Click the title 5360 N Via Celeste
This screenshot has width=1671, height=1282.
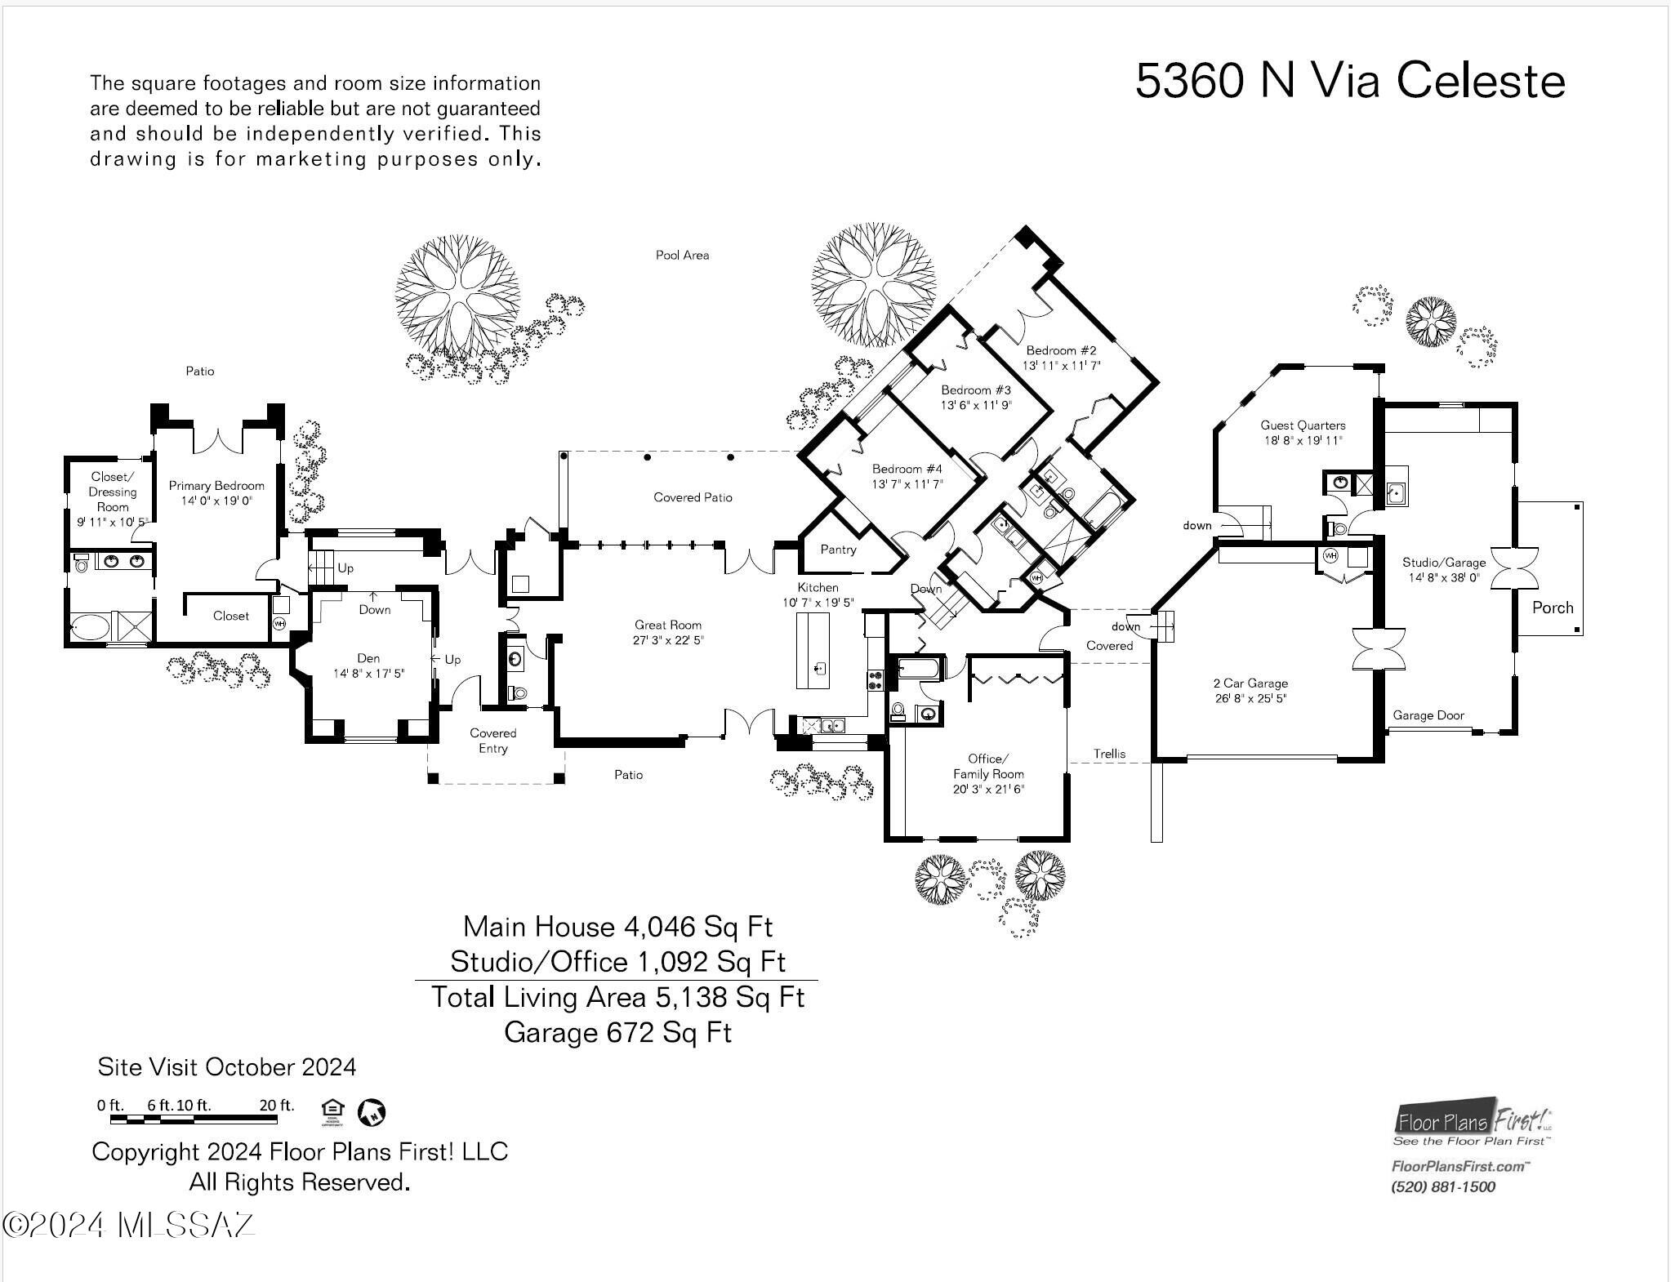pyautogui.click(x=1349, y=81)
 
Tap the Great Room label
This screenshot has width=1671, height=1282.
pyautogui.click(x=667, y=625)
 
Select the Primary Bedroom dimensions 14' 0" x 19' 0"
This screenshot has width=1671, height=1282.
pyautogui.click(x=216, y=501)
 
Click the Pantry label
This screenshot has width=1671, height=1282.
pyautogui.click(x=838, y=550)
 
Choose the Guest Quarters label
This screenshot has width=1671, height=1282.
pyautogui.click(x=1302, y=425)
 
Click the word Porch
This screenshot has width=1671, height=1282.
pyautogui.click(x=1552, y=608)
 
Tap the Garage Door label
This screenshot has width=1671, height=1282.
pyautogui.click(x=1428, y=715)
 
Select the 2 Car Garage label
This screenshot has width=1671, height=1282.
pyautogui.click(x=1250, y=683)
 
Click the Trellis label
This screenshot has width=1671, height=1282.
pyautogui.click(x=1109, y=754)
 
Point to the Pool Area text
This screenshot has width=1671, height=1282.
pyautogui.click(x=682, y=256)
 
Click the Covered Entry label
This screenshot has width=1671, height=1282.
pyautogui.click(x=492, y=741)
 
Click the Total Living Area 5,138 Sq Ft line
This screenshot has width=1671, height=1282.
pyautogui.click(x=617, y=997)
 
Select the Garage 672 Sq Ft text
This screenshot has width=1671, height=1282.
pyautogui.click(x=617, y=1033)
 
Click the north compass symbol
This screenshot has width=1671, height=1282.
pyautogui.click(x=372, y=1111)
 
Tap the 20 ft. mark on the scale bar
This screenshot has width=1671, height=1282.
pyautogui.click(x=276, y=1106)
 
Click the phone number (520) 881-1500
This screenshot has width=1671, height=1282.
pyautogui.click(x=1442, y=1187)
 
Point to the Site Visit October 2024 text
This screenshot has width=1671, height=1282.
pyautogui.click(x=226, y=1067)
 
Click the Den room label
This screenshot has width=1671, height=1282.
pyautogui.click(x=368, y=658)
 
